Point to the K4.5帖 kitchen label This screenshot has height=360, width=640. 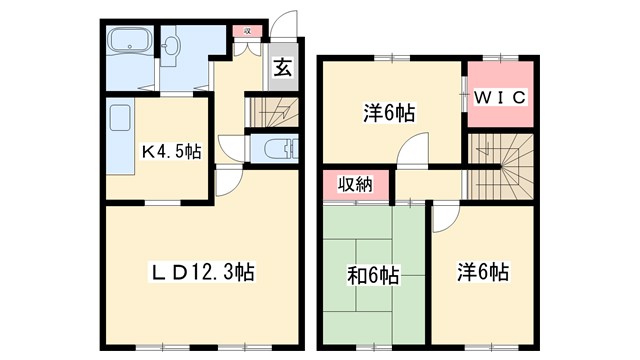170,152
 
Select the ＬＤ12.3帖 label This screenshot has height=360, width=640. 202,270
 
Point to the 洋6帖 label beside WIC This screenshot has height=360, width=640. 389,114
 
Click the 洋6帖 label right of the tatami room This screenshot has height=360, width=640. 483,272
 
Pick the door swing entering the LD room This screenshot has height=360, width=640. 228,182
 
